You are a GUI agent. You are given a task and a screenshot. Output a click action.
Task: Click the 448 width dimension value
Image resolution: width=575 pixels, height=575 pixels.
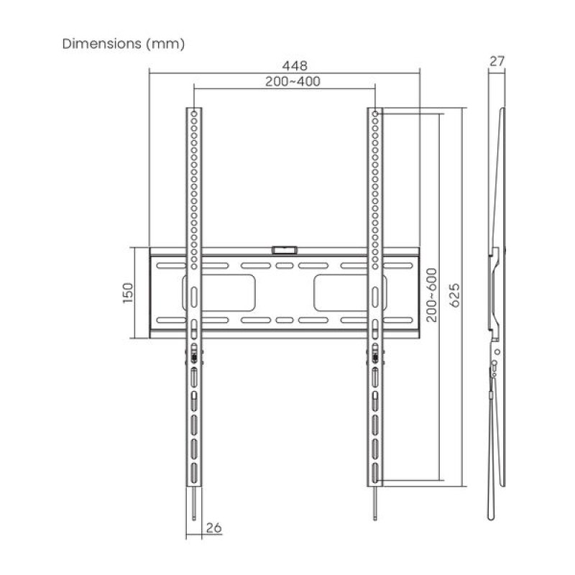[295, 66]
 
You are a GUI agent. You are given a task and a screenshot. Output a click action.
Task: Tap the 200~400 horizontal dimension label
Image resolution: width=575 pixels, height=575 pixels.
[293, 81]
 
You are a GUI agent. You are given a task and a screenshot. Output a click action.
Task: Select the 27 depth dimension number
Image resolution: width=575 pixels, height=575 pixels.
[497, 61]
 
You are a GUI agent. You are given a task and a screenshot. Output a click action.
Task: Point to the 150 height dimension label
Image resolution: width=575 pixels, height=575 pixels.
[128, 293]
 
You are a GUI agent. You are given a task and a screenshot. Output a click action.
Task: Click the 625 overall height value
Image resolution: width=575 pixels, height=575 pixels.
[454, 295]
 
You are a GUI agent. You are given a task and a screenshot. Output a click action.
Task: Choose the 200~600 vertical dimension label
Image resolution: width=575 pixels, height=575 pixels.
[432, 295]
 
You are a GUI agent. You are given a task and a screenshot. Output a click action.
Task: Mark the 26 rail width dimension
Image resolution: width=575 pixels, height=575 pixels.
[213, 528]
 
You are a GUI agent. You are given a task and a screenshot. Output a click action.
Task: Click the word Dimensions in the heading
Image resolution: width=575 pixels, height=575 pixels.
[101, 44]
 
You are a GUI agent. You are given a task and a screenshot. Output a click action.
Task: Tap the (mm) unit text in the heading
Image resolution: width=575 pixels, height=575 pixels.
[165, 45]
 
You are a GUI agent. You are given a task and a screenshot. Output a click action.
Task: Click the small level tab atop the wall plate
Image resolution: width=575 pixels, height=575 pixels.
[284, 250]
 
